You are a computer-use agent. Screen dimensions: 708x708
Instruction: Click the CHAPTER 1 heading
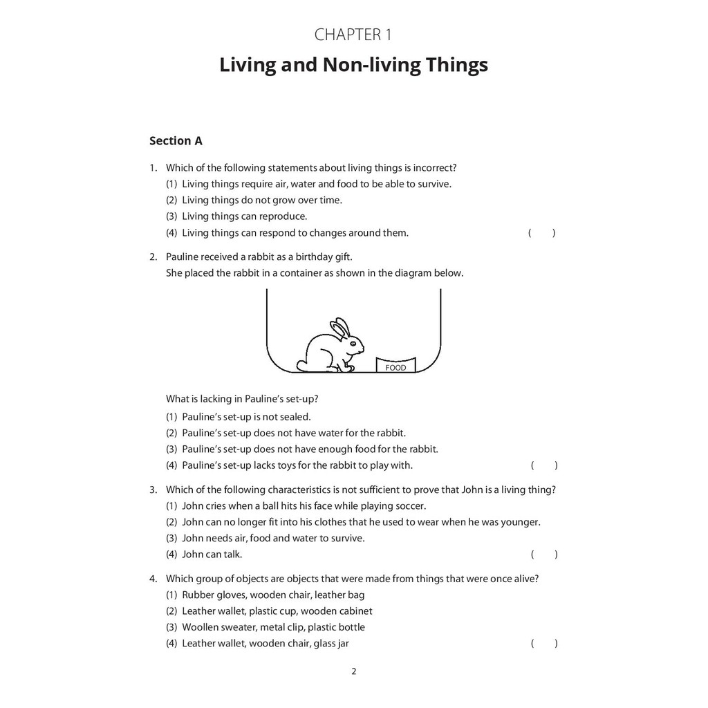(353, 35)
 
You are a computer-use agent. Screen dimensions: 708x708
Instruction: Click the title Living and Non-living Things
(353, 66)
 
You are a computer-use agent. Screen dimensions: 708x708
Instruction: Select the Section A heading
(176, 141)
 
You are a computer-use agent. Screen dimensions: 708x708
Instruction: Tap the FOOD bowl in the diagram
(395, 365)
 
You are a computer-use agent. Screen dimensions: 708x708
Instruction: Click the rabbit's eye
(353, 343)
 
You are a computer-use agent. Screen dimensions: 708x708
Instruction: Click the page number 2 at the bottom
(354, 671)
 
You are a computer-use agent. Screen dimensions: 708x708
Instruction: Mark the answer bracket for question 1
(541, 233)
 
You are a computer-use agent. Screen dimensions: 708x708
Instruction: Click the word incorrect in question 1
(434, 168)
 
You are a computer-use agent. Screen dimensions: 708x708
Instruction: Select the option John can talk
(212, 554)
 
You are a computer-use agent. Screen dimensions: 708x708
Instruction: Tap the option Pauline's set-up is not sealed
(246, 417)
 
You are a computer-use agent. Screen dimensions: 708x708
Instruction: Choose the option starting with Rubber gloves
(273, 595)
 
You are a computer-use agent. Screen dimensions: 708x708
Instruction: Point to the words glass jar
(331, 644)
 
